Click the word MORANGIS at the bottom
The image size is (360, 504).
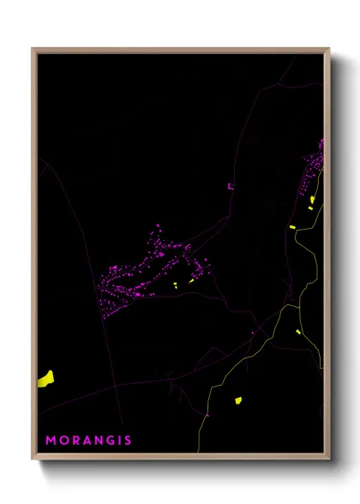pos(89,441)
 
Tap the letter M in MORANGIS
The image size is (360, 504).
pos(51,441)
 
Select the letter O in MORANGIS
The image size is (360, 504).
pos(63,441)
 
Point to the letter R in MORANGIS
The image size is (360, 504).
pos(75,441)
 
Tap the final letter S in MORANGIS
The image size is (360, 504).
pos(128,441)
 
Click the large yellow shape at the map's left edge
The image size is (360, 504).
pos(45,378)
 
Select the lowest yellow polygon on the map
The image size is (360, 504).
pos(238,399)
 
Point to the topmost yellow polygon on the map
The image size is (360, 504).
pos(312,200)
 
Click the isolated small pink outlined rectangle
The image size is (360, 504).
pos(230,186)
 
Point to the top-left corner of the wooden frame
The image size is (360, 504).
pos(33,49)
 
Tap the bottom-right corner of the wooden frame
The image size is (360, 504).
pos(329,459)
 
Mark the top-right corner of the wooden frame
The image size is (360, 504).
pos(329,49)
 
